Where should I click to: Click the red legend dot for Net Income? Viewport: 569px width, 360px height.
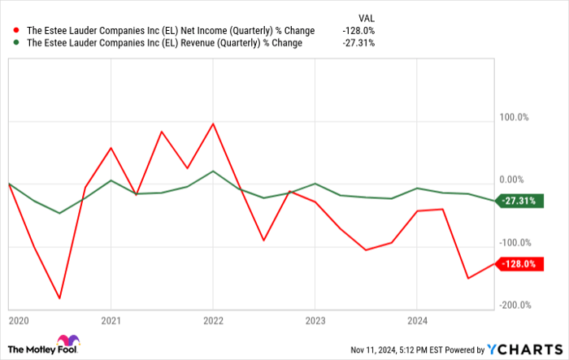15,31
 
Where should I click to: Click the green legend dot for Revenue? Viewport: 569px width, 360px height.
15,43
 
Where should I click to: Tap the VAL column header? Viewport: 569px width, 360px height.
367,16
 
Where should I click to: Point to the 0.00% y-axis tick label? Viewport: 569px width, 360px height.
515,180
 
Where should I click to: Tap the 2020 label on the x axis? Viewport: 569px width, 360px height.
18,320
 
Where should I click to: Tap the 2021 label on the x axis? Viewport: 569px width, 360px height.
111,320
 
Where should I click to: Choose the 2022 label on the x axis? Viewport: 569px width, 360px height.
212,320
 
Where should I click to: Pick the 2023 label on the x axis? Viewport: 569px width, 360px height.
315,320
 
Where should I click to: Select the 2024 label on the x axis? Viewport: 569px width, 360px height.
416,320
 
